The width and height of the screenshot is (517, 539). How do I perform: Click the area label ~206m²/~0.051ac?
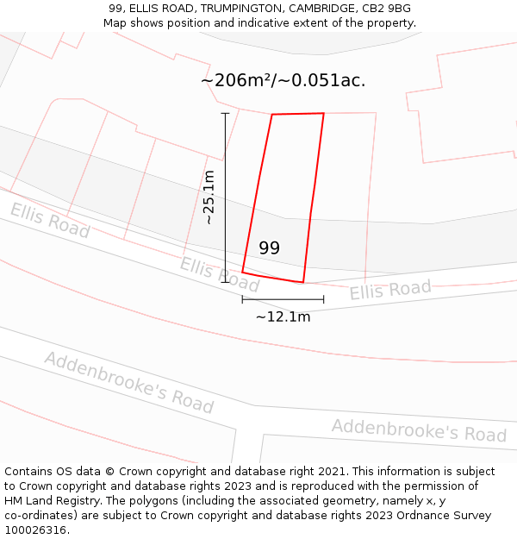(x=283, y=80)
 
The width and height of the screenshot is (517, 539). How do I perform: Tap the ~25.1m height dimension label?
(x=209, y=197)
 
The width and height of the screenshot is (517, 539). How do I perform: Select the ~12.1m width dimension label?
(x=283, y=317)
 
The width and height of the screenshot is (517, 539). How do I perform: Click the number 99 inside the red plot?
(x=269, y=248)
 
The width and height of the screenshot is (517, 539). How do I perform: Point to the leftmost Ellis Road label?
(x=50, y=221)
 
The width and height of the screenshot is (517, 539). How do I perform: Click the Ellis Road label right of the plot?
(x=389, y=290)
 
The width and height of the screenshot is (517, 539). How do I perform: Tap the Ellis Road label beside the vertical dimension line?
(x=220, y=274)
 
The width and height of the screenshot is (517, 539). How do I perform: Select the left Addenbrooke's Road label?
(x=128, y=381)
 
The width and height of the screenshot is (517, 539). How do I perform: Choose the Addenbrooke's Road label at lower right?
(x=419, y=429)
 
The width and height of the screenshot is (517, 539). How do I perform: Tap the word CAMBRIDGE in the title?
(x=320, y=9)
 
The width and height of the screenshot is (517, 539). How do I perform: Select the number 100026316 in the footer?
(x=34, y=530)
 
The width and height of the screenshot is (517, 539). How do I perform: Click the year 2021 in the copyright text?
(x=332, y=472)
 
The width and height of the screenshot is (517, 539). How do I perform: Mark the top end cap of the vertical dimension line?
(x=226, y=113)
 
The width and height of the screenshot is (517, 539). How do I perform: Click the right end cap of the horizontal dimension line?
(x=323, y=299)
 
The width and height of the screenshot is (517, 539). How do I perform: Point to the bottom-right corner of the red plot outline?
(x=303, y=282)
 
